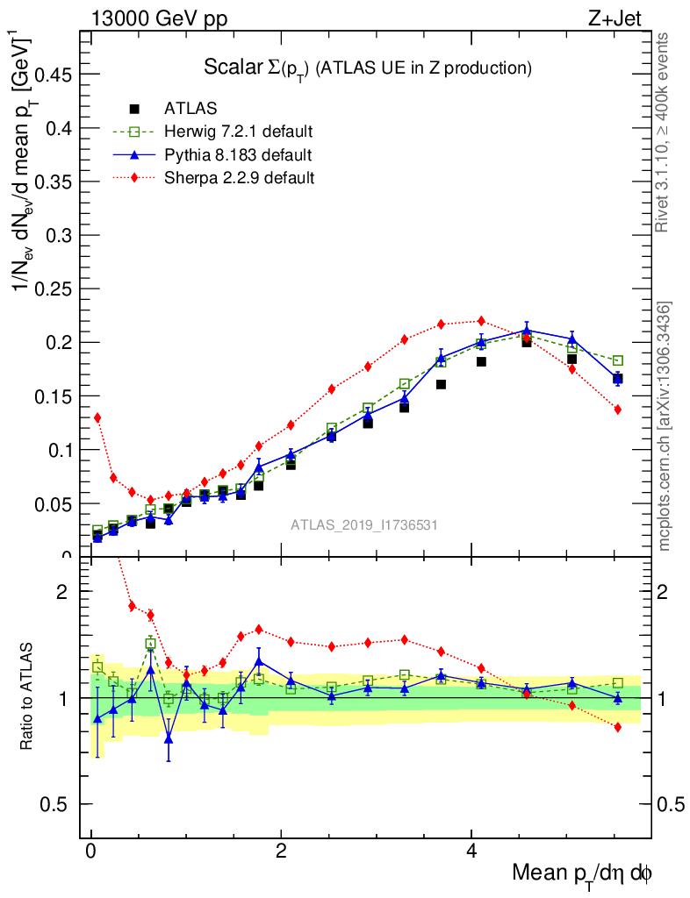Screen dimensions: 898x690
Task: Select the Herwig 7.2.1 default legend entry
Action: pos(238,132)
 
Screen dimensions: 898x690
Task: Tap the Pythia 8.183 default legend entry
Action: pos(237,155)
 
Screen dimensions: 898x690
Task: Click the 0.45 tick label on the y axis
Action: pos(51,75)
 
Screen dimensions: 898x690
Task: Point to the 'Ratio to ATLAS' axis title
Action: pos(27,697)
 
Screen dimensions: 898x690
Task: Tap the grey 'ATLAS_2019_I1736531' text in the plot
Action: pos(363,524)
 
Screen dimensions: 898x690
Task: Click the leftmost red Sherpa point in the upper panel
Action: pos(97,417)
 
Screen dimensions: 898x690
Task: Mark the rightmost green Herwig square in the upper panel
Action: pos(618,360)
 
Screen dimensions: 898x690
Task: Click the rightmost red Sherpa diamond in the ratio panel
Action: pos(618,727)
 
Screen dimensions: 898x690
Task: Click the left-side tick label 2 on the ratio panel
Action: pos(61,591)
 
